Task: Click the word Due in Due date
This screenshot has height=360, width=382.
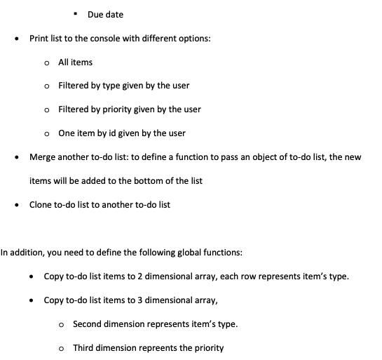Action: point(95,15)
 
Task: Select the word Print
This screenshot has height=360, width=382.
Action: point(39,38)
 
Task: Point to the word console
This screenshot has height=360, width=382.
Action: point(118,38)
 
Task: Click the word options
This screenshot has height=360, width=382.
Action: point(193,38)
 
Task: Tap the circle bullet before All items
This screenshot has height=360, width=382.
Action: point(46,62)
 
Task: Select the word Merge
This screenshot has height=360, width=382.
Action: point(42,157)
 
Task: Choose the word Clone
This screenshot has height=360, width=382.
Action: point(41,205)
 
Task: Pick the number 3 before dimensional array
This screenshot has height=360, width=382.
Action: point(139,300)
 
